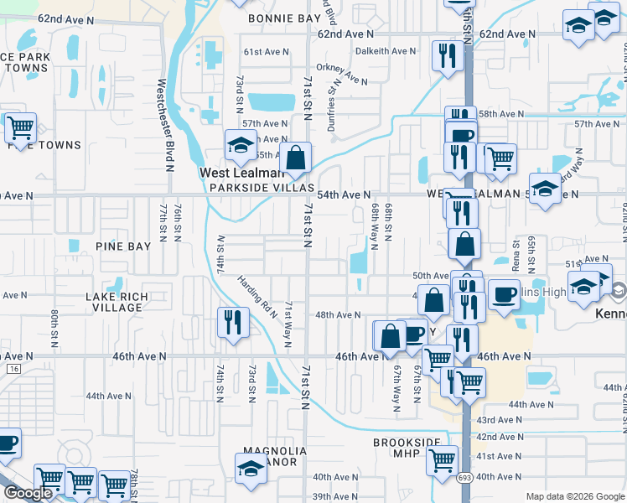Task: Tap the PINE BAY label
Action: [x=122, y=246]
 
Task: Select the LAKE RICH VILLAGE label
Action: [x=117, y=303]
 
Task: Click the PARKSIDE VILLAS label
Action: [x=262, y=188]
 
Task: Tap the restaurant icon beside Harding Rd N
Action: [x=233, y=322]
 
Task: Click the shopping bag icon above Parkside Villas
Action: [x=295, y=157]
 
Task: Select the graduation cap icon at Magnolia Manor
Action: [x=250, y=468]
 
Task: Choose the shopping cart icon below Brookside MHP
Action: [x=442, y=460]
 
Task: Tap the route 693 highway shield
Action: [x=464, y=478]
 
